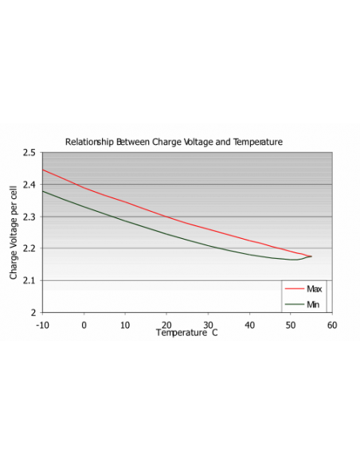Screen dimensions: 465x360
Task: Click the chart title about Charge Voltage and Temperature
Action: [174, 141]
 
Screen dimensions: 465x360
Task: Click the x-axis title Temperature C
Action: [186, 332]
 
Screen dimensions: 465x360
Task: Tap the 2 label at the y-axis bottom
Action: [33, 313]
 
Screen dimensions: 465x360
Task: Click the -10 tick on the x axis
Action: [42, 324]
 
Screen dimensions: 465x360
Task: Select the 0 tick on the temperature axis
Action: [84, 324]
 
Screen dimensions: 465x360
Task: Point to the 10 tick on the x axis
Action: [125, 324]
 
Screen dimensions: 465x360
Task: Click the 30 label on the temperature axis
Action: [208, 324]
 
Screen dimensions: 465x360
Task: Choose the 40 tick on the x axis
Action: [249, 324]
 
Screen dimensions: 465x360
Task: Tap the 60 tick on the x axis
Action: [331, 324]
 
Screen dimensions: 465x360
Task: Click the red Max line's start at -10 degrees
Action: [43, 170]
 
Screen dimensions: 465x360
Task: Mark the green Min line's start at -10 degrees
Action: [43, 191]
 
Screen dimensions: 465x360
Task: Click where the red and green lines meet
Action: [310, 256]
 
